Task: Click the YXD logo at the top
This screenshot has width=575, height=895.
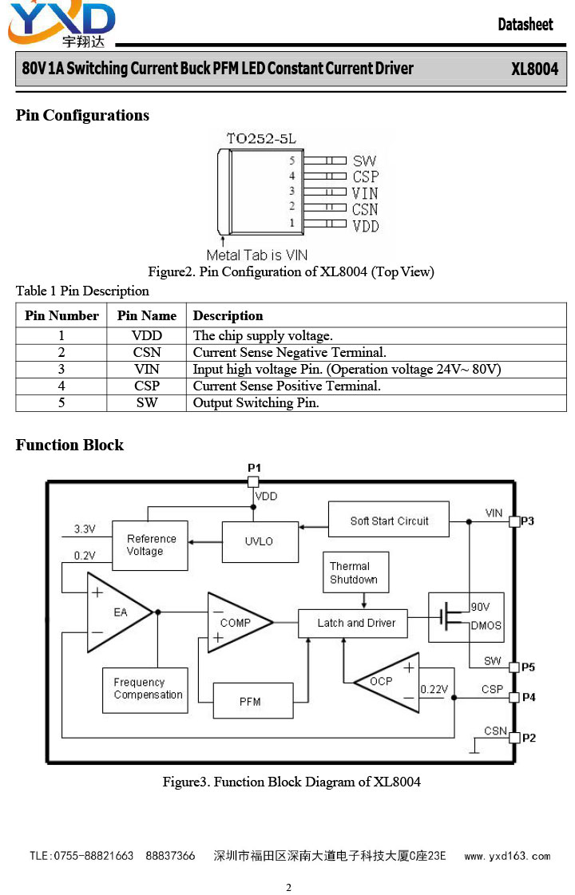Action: pos(61,25)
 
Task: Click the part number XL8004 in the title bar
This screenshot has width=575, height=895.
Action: pos(534,69)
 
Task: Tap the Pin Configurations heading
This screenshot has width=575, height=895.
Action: pos(82,115)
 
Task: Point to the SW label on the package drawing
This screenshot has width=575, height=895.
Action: pos(364,161)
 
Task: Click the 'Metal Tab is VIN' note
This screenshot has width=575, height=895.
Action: pos(257,255)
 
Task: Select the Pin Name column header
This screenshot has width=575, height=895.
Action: pos(147,315)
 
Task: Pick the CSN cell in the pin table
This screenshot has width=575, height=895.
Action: pos(147,352)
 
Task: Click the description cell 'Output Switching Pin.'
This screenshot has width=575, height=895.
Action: pos(256,403)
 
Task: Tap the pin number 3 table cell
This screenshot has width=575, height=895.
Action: pos(61,370)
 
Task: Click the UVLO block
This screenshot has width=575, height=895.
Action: pos(260,541)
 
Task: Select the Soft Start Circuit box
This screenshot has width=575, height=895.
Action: pos(389,520)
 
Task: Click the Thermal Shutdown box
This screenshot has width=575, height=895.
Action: pos(355,572)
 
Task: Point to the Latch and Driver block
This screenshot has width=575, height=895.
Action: pos(353,624)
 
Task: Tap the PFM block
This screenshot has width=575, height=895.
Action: pos(253,701)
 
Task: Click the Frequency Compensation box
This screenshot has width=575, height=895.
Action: pos(145,690)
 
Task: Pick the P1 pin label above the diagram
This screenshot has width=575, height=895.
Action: pos(254,468)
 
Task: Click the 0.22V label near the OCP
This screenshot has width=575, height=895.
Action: pos(434,690)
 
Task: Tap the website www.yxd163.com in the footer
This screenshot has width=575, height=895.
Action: pos(507,856)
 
